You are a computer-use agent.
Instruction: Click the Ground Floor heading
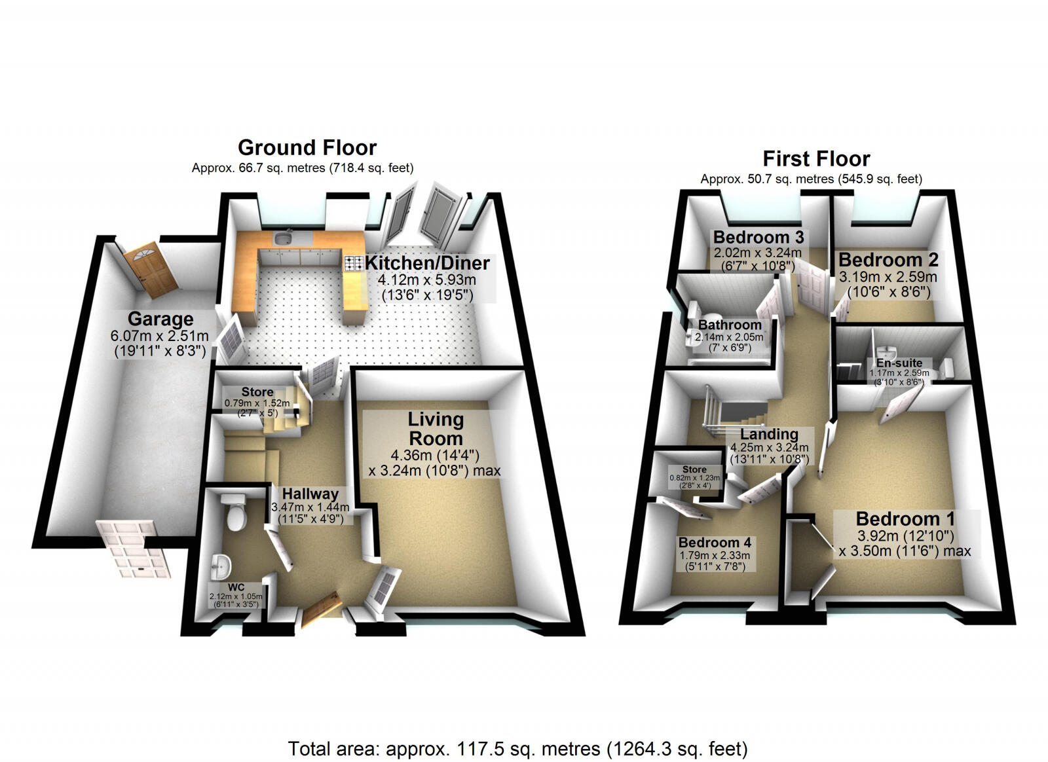click(x=307, y=147)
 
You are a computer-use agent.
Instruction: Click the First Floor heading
click(x=815, y=159)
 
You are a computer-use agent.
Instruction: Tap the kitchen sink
click(x=284, y=238)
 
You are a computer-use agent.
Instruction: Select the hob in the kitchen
click(x=354, y=263)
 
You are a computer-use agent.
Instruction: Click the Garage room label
click(x=160, y=319)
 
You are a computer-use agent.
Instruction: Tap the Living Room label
click(x=435, y=429)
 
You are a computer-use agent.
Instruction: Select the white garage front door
click(x=134, y=549)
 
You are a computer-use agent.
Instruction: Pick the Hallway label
click(x=309, y=494)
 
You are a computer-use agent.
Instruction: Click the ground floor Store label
click(x=257, y=392)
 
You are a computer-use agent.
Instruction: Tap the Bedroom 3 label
click(x=758, y=237)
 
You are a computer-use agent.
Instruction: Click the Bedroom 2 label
click(x=888, y=260)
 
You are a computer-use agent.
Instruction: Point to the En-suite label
click(x=899, y=363)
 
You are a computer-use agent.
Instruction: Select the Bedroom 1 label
click(x=905, y=519)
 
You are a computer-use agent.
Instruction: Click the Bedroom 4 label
click(x=715, y=543)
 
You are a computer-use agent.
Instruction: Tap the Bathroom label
click(x=729, y=325)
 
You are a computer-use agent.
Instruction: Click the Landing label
click(x=769, y=434)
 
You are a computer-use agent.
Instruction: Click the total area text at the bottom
click(x=517, y=748)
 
